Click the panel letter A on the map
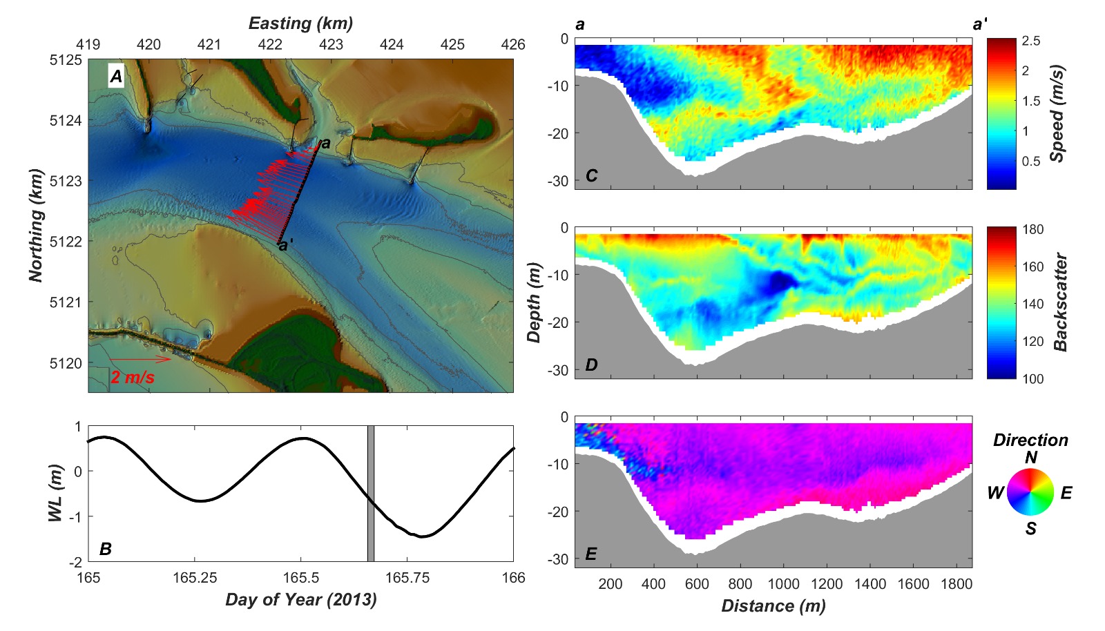click(x=116, y=76)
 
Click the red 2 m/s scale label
click(x=133, y=377)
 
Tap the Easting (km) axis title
click(x=300, y=23)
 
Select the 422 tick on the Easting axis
click(x=270, y=45)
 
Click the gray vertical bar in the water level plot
click(x=371, y=494)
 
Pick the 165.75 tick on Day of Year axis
click(x=407, y=578)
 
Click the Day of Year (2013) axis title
click(x=301, y=599)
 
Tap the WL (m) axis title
click(x=56, y=493)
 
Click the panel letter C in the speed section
click(x=591, y=175)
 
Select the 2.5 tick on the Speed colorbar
click(x=1031, y=41)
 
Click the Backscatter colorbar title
click(x=1060, y=302)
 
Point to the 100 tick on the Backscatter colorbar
click(x=1033, y=378)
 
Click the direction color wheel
click(x=1030, y=492)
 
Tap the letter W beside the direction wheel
click(x=995, y=492)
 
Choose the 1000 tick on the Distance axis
click(x=783, y=584)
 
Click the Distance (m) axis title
click(x=773, y=606)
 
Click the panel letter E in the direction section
click(x=591, y=554)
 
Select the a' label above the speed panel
click(x=979, y=25)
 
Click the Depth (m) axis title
click(x=534, y=302)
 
